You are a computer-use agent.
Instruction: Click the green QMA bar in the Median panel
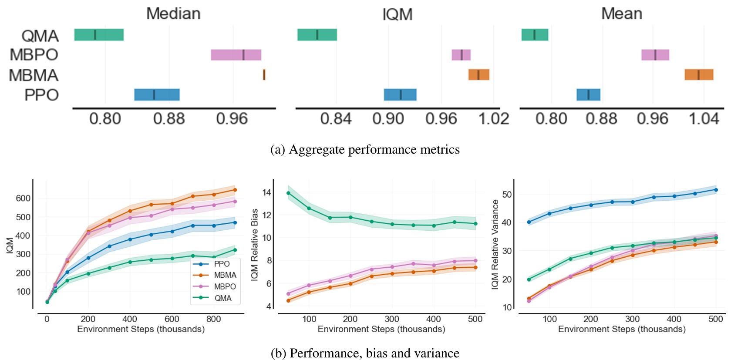(x=99, y=35)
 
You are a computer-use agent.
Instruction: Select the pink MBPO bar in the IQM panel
(x=461, y=55)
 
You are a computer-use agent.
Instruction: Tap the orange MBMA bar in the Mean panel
(x=699, y=74)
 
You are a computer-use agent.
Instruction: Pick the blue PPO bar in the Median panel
(x=157, y=94)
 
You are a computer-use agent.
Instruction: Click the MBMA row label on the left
(x=34, y=75)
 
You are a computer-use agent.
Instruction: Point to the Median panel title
(x=173, y=13)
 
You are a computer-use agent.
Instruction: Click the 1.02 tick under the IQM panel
(x=494, y=119)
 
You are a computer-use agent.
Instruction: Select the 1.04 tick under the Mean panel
(x=704, y=119)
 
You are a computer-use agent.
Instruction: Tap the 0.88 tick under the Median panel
(x=169, y=119)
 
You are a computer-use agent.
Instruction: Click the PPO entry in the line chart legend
(x=222, y=264)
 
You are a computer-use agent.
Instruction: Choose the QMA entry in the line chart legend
(x=222, y=298)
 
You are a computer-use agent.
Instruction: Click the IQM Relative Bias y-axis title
(x=255, y=244)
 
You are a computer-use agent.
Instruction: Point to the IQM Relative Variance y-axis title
(x=495, y=244)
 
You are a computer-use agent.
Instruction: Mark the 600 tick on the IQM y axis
(x=23, y=198)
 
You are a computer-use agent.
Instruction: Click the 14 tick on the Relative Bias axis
(x=267, y=192)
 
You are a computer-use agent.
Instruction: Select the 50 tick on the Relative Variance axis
(x=507, y=194)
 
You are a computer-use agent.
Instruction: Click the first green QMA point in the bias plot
(x=288, y=193)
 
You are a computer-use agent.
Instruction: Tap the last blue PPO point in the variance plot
(x=716, y=190)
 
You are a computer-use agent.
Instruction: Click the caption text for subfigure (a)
(x=365, y=149)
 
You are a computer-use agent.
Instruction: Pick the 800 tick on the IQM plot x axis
(x=213, y=319)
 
